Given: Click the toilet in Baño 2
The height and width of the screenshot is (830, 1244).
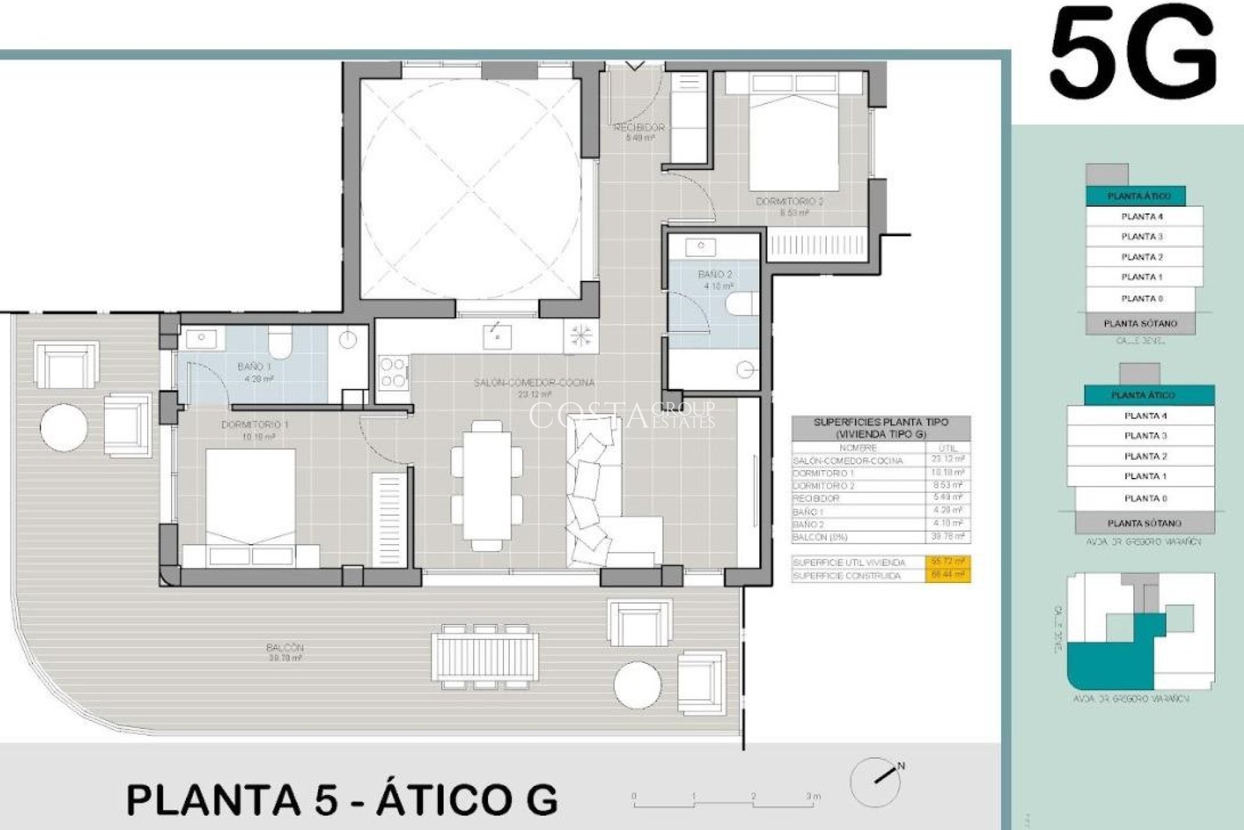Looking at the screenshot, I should click(x=743, y=303).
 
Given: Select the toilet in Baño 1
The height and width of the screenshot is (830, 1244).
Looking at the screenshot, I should click(x=280, y=342).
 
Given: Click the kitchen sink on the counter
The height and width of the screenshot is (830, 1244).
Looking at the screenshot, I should click(x=497, y=337).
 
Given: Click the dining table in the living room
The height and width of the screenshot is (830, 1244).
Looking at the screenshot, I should click(x=486, y=485).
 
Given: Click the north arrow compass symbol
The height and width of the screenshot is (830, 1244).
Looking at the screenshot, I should click(x=876, y=781).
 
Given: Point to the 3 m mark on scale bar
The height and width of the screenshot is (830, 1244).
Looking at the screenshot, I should click(x=811, y=797).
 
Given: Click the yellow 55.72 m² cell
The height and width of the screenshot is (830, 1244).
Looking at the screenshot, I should click(x=947, y=562).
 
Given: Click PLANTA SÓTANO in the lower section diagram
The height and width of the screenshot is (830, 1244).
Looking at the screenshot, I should click(x=1144, y=523).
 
